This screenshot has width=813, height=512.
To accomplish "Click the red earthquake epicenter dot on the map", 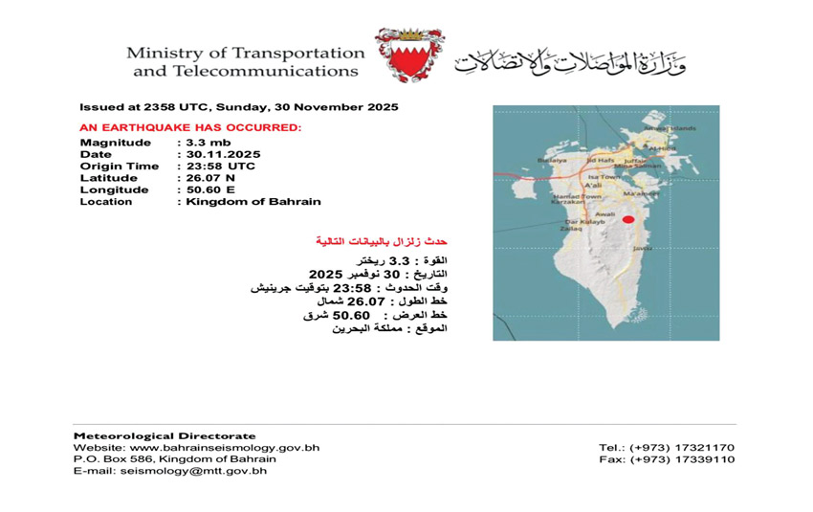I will tap(628, 219).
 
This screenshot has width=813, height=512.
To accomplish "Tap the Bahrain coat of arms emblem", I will tap(408, 55).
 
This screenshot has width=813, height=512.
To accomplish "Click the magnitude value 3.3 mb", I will tap(202, 143).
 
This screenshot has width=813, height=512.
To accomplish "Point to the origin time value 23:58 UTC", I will tap(221, 167).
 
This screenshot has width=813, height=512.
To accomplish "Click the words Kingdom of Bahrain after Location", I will tap(253, 202).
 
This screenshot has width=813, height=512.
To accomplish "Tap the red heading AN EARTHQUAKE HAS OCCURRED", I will tap(190, 126).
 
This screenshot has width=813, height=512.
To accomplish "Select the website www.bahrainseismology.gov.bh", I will tap(225, 447).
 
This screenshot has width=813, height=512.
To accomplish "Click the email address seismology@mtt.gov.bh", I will tap(203, 471).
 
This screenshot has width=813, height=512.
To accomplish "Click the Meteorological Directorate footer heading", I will tap(165, 435).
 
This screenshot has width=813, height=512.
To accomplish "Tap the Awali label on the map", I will tap(604, 214).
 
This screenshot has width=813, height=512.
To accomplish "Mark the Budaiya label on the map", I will tap(552, 161).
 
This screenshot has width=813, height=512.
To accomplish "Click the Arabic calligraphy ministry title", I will tap(570, 59).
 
